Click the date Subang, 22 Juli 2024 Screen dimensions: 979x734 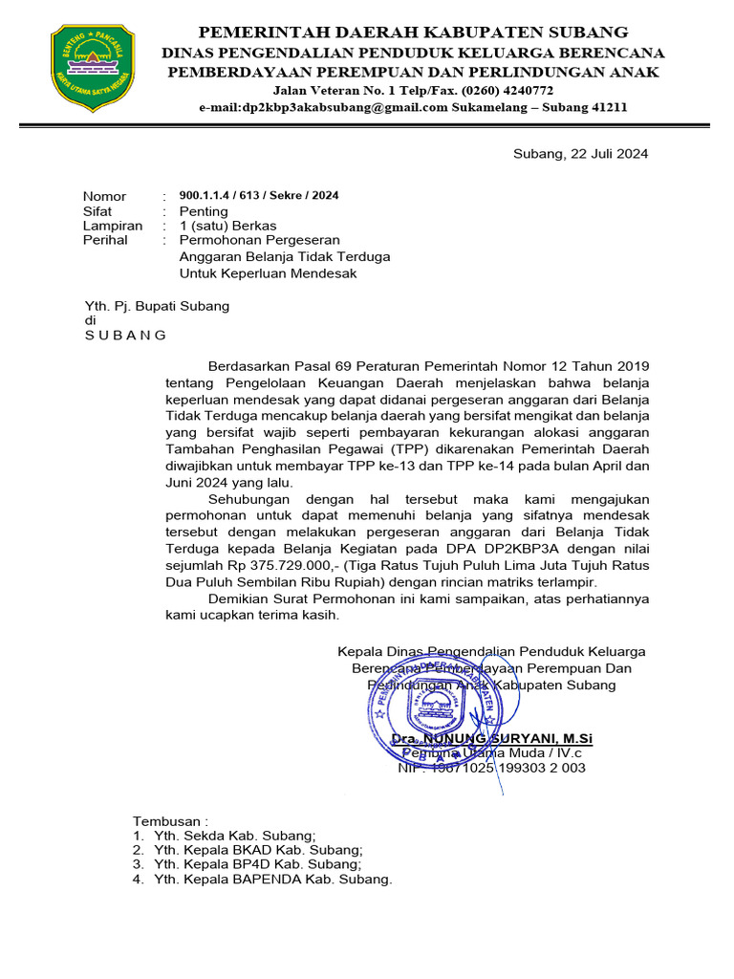[x=581, y=153]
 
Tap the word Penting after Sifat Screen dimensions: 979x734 [x=204, y=211]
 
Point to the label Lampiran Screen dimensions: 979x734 [x=113, y=226]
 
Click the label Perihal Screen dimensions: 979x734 [x=105, y=241]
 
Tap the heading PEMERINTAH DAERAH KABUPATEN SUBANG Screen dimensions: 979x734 [x=412, y=32]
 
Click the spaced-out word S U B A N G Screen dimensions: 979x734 [x=125, y=336]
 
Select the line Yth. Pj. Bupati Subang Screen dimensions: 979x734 [x=158, y=306]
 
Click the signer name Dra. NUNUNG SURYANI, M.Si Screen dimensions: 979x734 [x=492, y=739]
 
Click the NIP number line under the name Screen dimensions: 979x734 [x=492, y=768]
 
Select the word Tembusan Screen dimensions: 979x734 [x=167, y=821]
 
